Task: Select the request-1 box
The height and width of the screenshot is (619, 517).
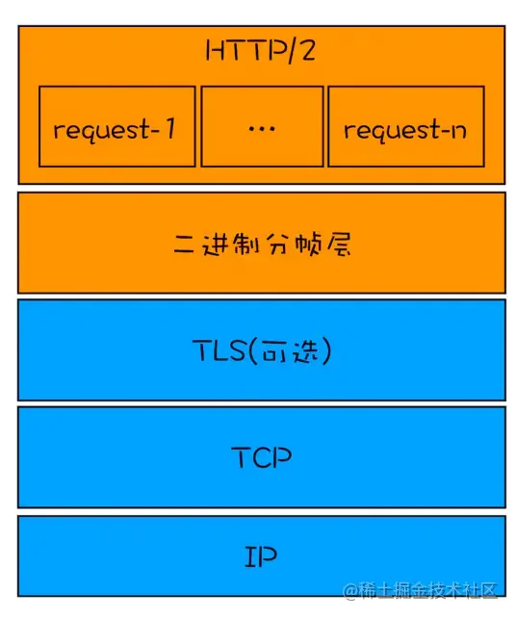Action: (x=117, y=126)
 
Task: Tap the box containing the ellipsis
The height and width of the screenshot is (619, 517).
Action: (x=261, y=126)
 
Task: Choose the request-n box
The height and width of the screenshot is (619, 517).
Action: (x=404, y=126)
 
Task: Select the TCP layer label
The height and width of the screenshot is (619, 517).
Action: (x=261, y=457)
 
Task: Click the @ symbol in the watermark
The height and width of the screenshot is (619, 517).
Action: (x=350, y=588)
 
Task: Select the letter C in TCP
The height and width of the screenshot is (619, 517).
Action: (x=260, y=457)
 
